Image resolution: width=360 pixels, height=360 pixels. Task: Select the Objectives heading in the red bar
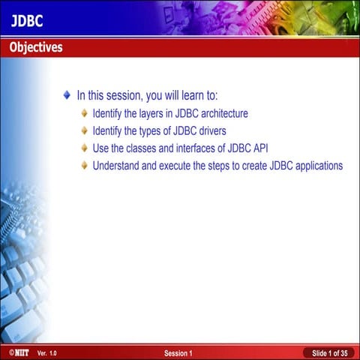pyautogui.click(x=36, y=48)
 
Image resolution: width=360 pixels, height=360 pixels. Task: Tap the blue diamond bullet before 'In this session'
pyautogui.click(x=67, y=96)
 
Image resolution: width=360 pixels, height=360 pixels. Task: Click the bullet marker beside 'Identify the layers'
pyautogui.click(x=85, y=114)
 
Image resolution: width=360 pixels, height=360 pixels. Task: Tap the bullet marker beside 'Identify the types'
pyautogui.click(x=85, y=131)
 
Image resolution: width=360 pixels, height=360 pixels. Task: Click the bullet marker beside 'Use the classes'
pyautogui.click(x=85, y=148)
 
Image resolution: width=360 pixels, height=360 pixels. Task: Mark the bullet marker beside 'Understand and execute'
pyautogui.click(x=85, y=166)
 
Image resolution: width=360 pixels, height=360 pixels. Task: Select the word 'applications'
pyautogui.click(x=315, y=166)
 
